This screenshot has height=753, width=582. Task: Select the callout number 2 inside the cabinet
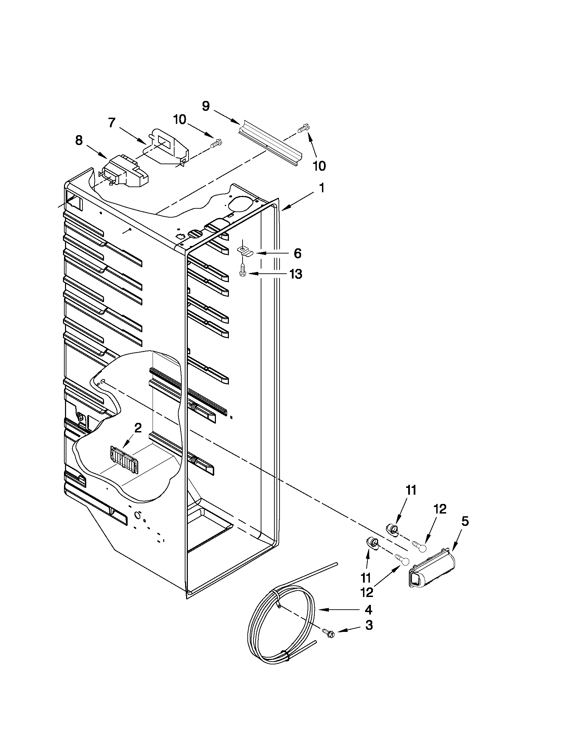click(138, 428)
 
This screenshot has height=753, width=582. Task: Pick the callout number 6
click(297, 254)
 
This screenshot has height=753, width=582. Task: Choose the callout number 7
click(112, 123)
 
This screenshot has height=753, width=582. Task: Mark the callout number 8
click(79, 141)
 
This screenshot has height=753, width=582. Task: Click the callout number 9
click(206, 106)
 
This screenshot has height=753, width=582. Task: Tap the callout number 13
click(296, 274)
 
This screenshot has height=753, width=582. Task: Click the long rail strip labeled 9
click(270, 143)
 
